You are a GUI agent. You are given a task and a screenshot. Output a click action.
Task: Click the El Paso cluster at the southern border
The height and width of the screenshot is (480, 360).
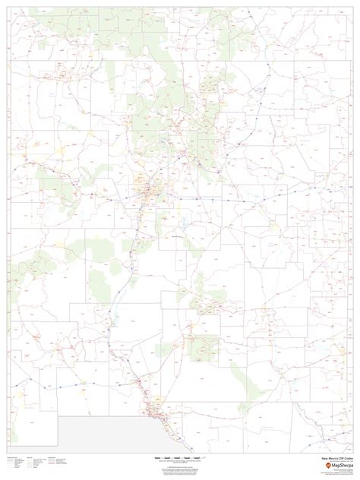(x=156, y=411)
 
